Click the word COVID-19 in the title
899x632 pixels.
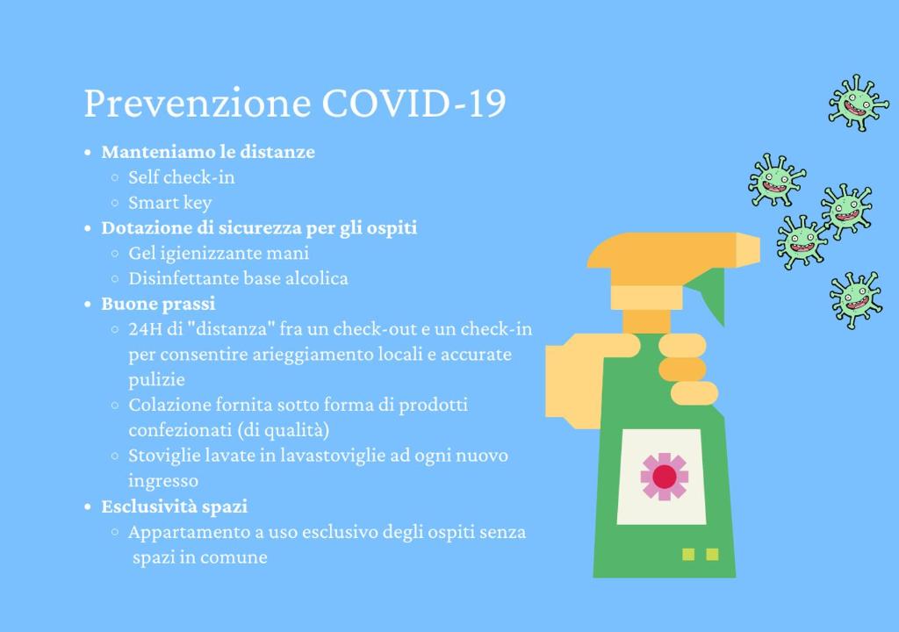(414, 104)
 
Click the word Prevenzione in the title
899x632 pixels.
(198, 104)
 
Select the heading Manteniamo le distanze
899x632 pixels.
(208, 151)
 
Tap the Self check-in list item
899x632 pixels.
(181, 177)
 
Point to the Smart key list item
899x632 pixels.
(170, 203)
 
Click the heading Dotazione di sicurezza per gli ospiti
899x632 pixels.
(259, 228)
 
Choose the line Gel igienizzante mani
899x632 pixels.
(219, 253)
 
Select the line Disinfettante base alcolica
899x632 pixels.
(238, 278)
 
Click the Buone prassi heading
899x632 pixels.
(158, 304)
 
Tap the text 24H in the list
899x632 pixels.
(146, 329)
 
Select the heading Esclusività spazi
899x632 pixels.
(175, 506)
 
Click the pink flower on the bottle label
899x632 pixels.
(664, 477)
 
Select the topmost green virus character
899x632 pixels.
(858, 104)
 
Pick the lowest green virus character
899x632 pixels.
(855, 300)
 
